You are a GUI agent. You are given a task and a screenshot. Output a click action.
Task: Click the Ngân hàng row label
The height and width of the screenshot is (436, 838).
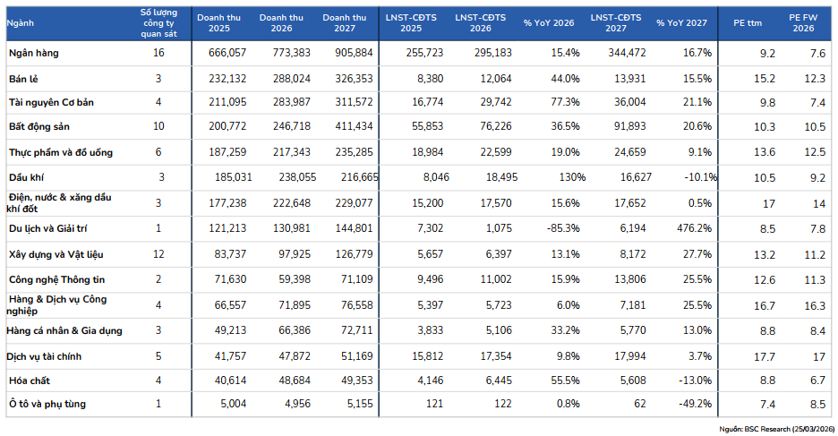[x=34, y=53]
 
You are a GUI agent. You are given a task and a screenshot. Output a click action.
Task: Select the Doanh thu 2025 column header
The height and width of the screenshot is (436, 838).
[x=218, y=23]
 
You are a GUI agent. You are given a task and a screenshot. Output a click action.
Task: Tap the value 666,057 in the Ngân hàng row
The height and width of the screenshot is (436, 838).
[x=227, y=53]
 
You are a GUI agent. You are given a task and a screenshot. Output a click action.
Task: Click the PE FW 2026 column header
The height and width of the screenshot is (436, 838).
[x=803, y=23]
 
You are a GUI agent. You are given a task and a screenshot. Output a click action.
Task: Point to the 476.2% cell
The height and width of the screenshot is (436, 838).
[x=694, y=228]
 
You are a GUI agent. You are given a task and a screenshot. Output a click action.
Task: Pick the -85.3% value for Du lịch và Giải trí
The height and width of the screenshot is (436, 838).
[x=563, y=228]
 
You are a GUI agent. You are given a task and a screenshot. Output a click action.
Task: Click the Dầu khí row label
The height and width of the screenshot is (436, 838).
[x=26, y=177]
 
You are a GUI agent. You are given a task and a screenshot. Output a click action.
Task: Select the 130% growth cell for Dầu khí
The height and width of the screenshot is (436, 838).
[x=572, y=177]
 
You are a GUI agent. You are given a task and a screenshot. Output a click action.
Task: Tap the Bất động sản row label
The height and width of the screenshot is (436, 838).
[x=39, y=126]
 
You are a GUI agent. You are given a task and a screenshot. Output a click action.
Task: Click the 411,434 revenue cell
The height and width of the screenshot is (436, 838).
[x=354, y=126]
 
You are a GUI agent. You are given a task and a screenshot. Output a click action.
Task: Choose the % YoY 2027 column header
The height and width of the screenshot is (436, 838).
[x=681, y=23]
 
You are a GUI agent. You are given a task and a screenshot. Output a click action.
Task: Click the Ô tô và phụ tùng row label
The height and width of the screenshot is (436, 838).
[x=47, y=404]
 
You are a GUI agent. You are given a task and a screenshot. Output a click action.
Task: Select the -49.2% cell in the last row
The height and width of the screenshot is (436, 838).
[x=696, y=404]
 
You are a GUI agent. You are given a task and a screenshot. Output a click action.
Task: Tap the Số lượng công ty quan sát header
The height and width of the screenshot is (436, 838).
[x=158, y=23]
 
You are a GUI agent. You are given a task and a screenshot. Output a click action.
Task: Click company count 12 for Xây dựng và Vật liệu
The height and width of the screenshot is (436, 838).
[x=158, y=253]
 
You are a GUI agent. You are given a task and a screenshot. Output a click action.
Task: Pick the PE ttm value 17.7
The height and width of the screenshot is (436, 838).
[x=765, y=356]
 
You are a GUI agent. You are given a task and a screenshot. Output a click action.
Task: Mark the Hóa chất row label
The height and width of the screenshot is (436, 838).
[x=30, y=380]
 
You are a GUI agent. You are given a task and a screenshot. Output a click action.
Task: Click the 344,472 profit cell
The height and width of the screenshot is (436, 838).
[x=627, y=53]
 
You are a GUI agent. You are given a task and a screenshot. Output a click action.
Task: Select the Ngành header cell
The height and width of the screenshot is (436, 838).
[x=21, y=23]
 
